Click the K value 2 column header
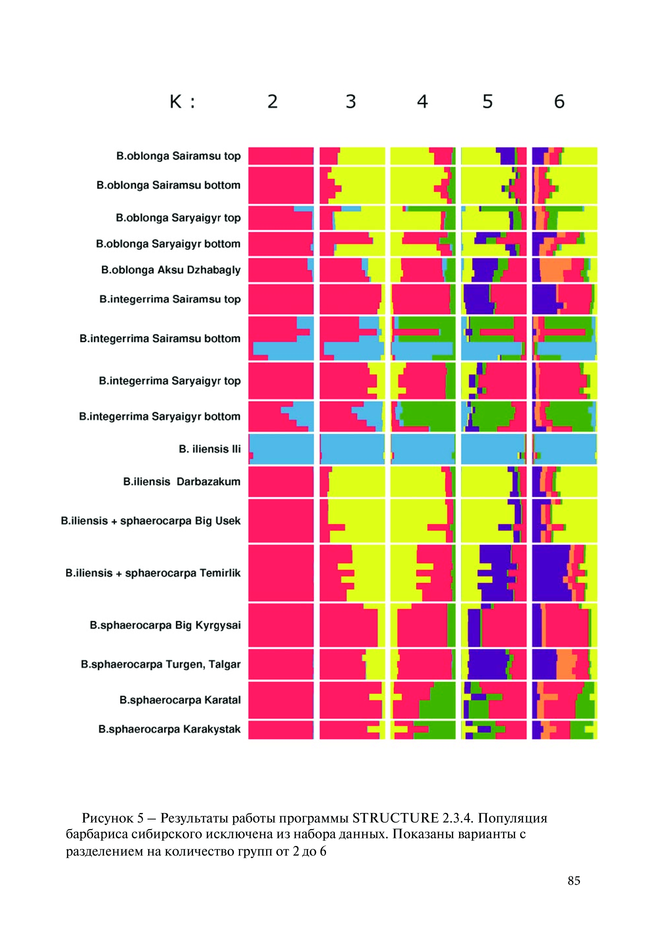coord(272,101)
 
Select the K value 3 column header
coord(351,101)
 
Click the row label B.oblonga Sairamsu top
coord(178,156)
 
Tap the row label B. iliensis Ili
coord(209,449)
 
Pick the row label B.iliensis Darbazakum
coord(182,482)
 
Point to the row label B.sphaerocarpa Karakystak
coord(169,729)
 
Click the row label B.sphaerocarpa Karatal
coord(180,700)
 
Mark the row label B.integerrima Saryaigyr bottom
coord(160,416)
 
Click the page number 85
coord(574,881)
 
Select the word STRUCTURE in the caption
coord(396,818)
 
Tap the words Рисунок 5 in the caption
coord(113,818)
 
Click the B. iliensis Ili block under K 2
coord(281,449)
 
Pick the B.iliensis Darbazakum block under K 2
coord(281,482)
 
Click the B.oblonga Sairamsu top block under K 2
coord(281,156)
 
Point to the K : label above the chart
coord(182,101)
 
